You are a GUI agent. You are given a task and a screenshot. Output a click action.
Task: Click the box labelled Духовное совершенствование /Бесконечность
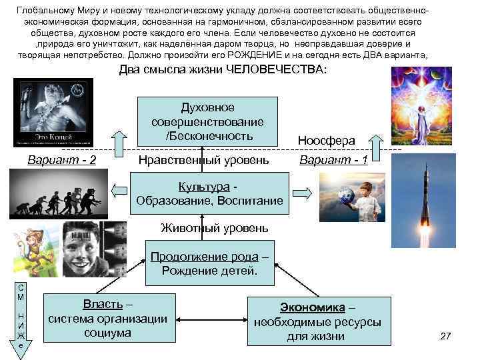click(x=207, y=121)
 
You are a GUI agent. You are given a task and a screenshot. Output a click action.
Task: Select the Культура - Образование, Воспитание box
click(x=209, y=193)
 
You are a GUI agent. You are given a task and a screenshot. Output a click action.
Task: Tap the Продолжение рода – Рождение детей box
click(x=209, y=264)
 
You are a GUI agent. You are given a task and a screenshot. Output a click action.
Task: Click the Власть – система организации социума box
click(x=107, y=319)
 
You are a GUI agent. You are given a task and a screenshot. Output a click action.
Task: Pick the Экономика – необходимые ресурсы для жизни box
click(x=317, y=321)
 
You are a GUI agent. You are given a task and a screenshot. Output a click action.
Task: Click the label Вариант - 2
click(x=61, y=160)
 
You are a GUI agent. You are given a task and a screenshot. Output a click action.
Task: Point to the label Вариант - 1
click(x=333, y=160)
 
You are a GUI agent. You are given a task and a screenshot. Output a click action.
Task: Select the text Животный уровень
click(x=215, y=228)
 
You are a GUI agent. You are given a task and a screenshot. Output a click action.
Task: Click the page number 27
click(x=446, y=335)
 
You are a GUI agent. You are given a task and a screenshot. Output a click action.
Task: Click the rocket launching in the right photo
click(x=427, y=200)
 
